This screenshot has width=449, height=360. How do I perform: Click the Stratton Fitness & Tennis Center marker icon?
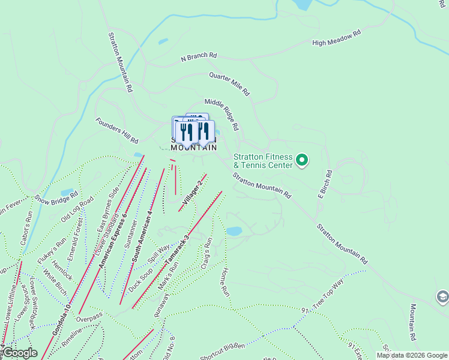point(302,160)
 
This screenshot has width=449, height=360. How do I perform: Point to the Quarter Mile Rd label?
point(229,84)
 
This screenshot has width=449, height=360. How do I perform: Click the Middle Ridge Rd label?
point(222,115)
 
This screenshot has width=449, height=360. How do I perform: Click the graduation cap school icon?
point(442,296)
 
